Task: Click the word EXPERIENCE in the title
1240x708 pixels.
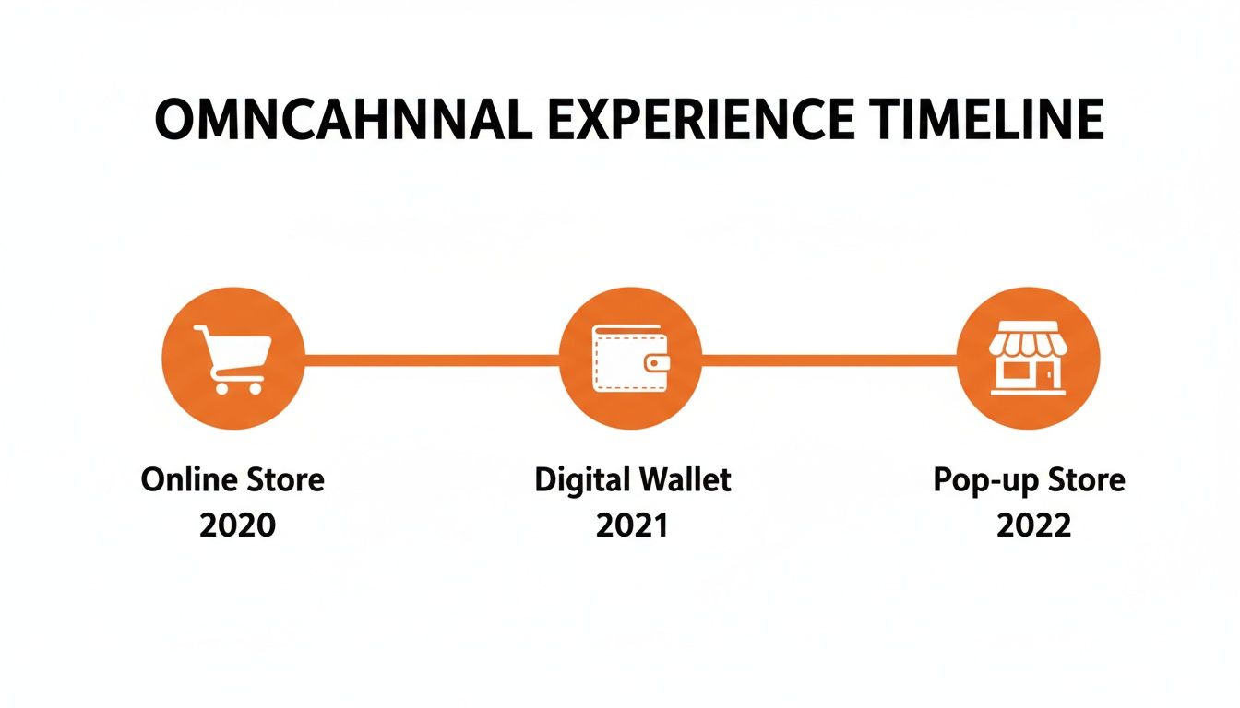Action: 700,120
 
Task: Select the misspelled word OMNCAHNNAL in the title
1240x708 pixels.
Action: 344,120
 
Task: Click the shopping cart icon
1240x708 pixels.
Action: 232,360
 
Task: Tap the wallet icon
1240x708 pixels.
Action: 630,359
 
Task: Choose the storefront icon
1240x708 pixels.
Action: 1028,359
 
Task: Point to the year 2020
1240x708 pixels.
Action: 237,525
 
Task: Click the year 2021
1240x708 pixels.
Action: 632,525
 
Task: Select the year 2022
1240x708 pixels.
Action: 1033,525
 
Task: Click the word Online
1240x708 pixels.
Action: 189,479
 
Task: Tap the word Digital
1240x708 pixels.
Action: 582,480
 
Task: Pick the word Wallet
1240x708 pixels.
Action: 686,479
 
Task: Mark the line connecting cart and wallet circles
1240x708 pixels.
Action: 432,360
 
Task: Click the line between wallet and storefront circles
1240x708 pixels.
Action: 829,360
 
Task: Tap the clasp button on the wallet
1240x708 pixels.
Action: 657,363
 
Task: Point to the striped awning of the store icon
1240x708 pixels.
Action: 1028,338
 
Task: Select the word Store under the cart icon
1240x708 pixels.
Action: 285,479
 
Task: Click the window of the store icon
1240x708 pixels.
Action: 1014,370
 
